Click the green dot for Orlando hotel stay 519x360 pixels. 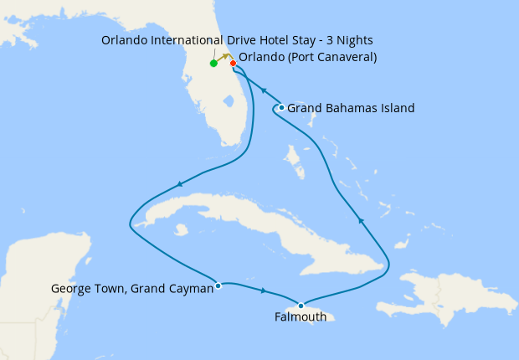tap(214, 63)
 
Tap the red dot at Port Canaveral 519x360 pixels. tap(233, 63)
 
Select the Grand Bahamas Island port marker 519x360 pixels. tap(281, 107)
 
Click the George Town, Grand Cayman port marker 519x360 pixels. tap(218, 285)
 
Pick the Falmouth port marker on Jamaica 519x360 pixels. tap(301, 305)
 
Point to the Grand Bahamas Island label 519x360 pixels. tap(351, 108)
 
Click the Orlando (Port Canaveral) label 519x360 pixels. tap(308, 58)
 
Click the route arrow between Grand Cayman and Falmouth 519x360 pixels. tap(264, 291)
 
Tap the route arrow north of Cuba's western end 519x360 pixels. tap(179, 184)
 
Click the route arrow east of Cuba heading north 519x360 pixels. tap(361, 220)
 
